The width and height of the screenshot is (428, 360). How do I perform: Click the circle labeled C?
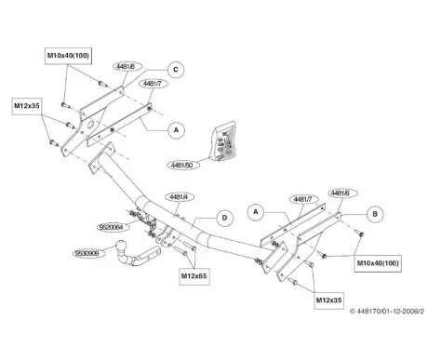coord(176,70)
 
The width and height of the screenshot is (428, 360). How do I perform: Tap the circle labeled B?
coord(375,214)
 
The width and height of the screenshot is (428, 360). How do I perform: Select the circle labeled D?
coord(224,218)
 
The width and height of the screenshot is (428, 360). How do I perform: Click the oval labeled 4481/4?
coord(180,197)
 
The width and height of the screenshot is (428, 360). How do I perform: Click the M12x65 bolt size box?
coord(194,276)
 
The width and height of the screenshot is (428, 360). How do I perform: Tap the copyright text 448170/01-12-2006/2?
coord(387,311)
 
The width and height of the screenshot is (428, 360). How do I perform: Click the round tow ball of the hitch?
coord(121,246)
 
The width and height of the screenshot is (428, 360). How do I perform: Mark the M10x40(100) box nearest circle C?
coord(68,56)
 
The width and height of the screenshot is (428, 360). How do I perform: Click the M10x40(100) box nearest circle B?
coord(378,263)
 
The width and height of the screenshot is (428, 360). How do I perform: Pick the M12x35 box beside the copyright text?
coord(328,300)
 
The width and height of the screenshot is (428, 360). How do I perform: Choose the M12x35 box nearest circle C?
coord(27,106)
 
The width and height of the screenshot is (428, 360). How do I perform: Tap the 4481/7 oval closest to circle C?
coord(153,84)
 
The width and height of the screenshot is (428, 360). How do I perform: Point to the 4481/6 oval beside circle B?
coord(341,193)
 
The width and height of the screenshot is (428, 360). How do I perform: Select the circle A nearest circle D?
coord(256,212)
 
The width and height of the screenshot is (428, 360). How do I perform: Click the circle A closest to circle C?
coord(176,130)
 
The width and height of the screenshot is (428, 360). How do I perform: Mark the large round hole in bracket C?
coord(92,125)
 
